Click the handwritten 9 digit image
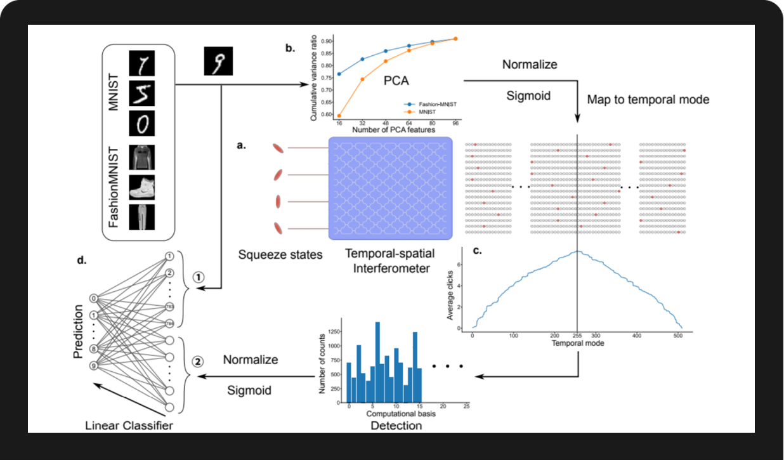point(218,61)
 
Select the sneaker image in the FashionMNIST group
point(142,188)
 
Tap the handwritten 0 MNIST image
point(142,122)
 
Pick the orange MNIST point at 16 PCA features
point(340,115)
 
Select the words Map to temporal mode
point(647,100)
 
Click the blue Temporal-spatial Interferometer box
point(389,188)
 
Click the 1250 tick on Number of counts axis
point(329,333)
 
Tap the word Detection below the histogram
point(396,426)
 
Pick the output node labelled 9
point(94,365)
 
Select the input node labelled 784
point(169,324)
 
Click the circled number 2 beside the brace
point(198,362)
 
